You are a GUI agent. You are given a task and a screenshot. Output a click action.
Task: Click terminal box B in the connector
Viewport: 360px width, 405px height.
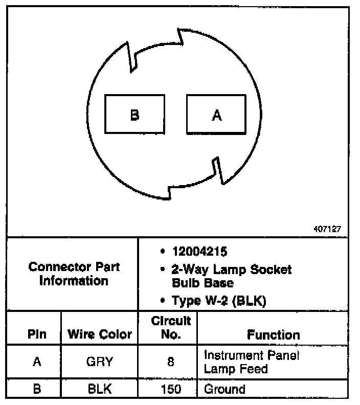[134, 115]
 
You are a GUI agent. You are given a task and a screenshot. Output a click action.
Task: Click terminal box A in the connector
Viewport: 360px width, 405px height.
[216, 115]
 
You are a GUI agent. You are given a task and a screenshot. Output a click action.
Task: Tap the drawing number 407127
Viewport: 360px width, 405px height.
[327, 230]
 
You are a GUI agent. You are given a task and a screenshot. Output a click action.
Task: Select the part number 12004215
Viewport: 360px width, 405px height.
[200, 252]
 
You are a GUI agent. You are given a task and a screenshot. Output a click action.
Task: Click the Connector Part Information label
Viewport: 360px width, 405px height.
[74, 274]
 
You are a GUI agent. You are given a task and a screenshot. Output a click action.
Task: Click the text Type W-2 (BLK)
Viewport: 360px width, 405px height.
[219, 301]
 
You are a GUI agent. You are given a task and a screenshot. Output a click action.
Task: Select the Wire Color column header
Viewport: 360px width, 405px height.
[100, 335]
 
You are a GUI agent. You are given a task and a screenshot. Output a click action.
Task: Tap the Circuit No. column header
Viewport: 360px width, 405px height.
[171, 328]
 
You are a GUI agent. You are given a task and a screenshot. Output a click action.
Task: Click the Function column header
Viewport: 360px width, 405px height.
[274, 335]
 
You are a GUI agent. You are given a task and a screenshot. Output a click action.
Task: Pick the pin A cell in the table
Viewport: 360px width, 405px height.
[37, 362]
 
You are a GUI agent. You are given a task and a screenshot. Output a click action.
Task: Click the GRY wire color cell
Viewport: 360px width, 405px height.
[100, 362]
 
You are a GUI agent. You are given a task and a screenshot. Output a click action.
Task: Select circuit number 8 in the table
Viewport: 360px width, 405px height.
[170, 362]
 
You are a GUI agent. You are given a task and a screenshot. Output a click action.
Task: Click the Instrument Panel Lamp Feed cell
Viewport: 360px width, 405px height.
[251, 362]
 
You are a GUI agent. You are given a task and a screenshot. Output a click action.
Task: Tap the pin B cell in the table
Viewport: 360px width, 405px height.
[37, 389]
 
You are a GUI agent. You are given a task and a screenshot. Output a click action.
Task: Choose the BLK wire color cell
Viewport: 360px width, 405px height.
[100, 389]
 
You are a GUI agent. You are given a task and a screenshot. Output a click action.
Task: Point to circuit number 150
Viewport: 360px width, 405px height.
[170, 389]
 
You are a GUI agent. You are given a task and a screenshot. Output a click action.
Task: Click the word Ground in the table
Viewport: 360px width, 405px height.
[224, 389]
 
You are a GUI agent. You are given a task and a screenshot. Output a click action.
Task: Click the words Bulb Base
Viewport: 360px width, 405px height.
[202, 283]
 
